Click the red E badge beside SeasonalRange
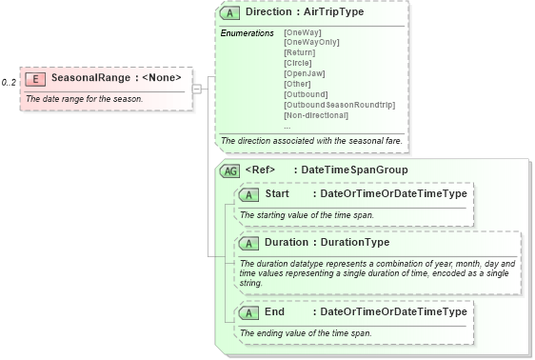click(35, 78)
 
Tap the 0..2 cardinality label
click(9, 83)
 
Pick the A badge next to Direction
click(230, 13)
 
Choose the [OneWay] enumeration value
click(304, 33)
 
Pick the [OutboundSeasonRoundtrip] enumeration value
click(339, 105)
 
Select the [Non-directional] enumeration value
click(316, 115)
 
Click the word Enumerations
click(248, 33)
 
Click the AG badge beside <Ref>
click(229, 171)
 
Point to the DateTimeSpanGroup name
click(354, 170)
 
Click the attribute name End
click(274, 312)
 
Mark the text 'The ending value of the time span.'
click(306, 333)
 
